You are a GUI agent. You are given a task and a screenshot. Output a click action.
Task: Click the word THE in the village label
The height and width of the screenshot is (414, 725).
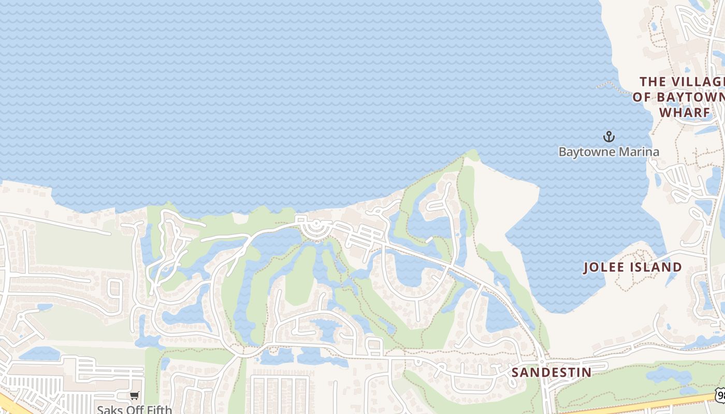coord(653,82)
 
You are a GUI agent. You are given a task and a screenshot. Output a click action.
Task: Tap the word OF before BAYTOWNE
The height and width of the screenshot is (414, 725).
coord(642,97)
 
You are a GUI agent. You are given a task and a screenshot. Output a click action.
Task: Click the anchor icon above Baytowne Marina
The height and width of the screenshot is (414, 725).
coord(609,137)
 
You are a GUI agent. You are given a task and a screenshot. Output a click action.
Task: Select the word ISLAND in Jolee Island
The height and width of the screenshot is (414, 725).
coord(656,268)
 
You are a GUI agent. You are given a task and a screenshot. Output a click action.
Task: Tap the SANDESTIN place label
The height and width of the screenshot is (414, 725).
coord(552,373)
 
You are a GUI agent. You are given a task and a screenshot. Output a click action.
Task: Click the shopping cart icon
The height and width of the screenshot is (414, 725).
coord(135,396)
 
